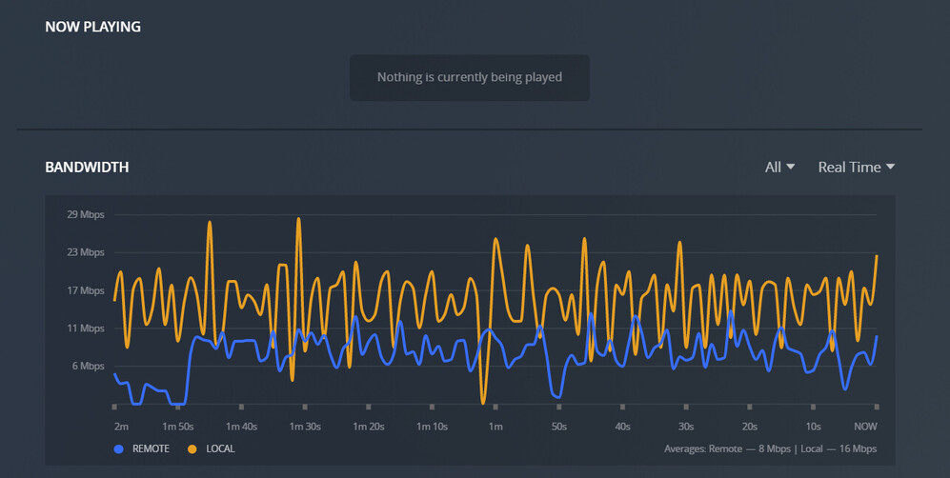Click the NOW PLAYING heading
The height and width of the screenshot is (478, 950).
(92, 27)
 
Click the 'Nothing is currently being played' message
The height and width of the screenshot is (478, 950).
(470, 77)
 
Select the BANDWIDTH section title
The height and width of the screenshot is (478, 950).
(87, 168)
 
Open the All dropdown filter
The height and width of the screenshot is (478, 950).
(779, 168)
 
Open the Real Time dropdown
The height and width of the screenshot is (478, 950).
(856, 168)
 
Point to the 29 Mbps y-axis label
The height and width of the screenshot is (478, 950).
(86, 214)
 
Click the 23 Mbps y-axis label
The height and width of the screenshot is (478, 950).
(86, 252)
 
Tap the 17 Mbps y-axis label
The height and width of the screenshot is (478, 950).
(86, 290)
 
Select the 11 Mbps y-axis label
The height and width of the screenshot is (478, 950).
(86, 329)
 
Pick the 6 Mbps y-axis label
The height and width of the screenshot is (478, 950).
(89, 367)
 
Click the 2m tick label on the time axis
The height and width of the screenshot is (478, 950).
(121, 427)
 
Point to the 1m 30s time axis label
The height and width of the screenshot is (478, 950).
(305, 427)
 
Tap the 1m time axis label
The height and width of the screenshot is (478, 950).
(495, 427)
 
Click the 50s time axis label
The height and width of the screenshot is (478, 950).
(558, 427)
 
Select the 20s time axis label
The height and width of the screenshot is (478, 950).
(750, 427)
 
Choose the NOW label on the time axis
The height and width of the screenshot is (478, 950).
(865, 427)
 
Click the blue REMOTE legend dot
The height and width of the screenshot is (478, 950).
(119, 448)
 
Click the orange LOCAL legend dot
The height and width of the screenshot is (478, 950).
(192, 448)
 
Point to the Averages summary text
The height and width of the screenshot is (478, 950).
(770, 448)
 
